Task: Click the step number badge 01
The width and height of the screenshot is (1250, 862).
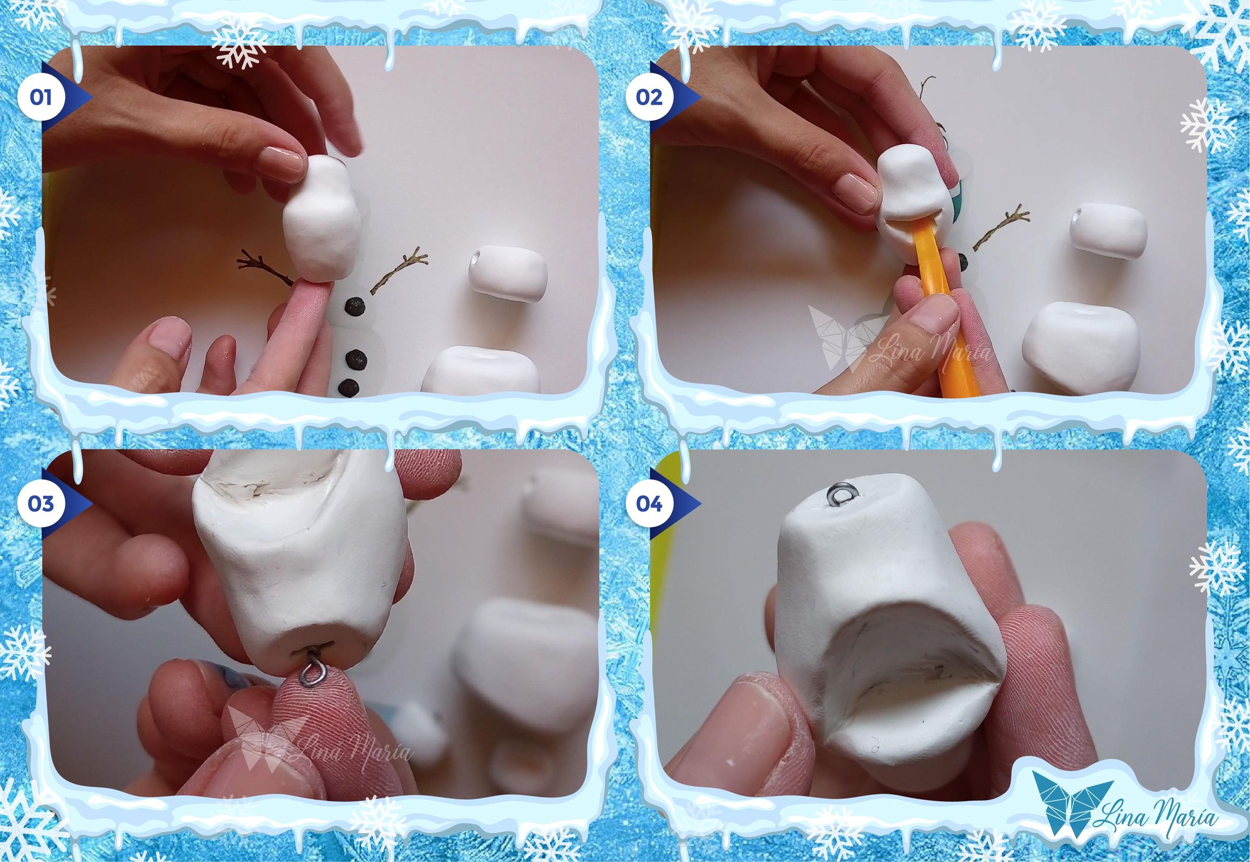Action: click(41, 98)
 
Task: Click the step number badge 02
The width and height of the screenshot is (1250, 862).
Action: click(649, 98)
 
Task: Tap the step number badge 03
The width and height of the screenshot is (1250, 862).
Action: click(41, 503)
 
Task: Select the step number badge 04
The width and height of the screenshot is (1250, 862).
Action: click(649, 503)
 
